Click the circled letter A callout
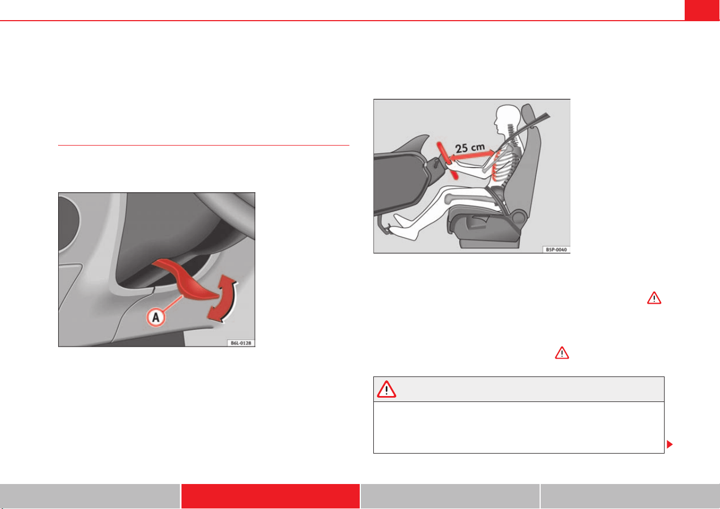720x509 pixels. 156,317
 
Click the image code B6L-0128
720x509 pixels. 241,343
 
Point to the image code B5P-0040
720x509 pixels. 556,249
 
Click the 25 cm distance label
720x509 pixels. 470,148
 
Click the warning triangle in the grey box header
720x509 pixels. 386,389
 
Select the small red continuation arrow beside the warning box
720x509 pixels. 669,444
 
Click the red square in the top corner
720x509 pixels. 702,10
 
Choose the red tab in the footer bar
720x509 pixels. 270,496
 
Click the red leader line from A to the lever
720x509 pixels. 173,303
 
